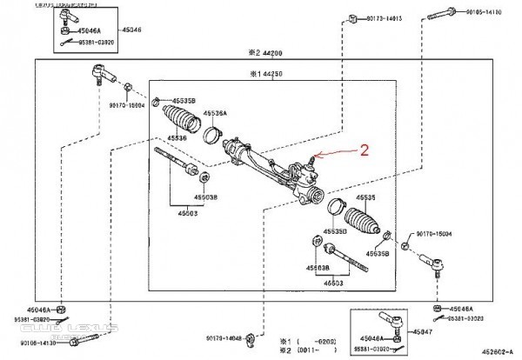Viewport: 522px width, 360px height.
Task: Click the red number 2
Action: point(366,150)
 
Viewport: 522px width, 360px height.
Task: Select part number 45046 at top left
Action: point(131,30)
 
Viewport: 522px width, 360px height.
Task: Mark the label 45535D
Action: point(335,231)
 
